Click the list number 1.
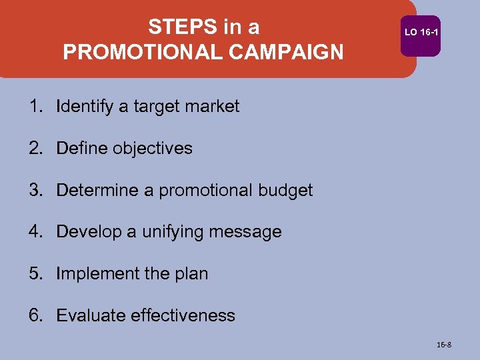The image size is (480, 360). click(x=35, y=106)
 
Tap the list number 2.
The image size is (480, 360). click(x=35, y=148)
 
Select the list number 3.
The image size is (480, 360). click(x=35, y=190)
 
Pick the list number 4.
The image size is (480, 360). click(x=35, y=232)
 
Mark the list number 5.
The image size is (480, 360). click(x=35, y=274)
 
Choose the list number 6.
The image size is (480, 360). click(x=35, y=315)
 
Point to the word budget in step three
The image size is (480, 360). click(x=284, y=190)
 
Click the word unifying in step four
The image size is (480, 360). click(x=174, y=232)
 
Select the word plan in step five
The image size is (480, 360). click(x=191, y=274)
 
